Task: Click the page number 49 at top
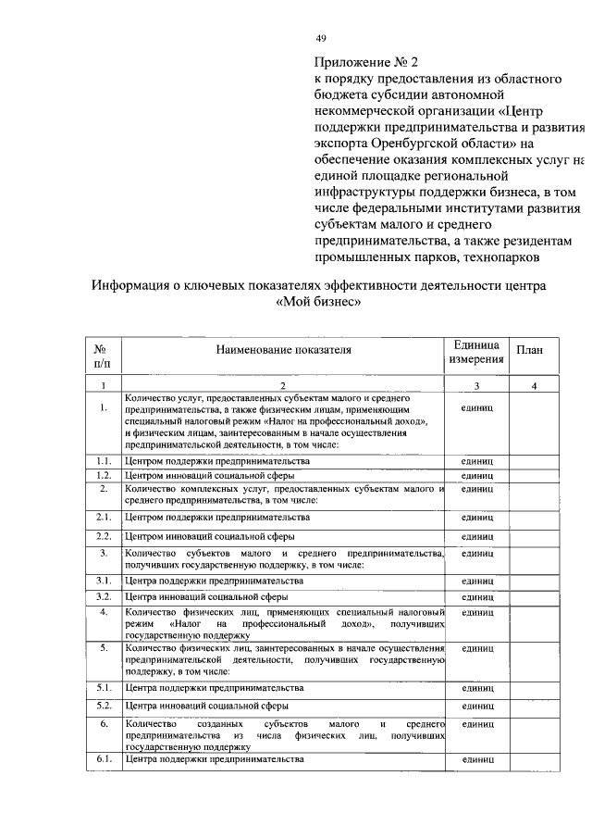click(321, 38)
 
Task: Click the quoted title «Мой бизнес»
click(318, 303)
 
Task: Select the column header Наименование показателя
click(285, 351)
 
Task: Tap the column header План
click(529, 351)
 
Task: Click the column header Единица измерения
click(476, 351)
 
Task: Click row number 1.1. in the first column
click(104, 460)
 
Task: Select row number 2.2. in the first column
click(104, 536)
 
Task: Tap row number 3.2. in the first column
click(104, 596)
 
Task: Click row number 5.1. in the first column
click(104, 689)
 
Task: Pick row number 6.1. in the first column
click(104, 760)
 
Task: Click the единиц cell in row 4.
click(477, 613)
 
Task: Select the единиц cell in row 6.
click(477, 723)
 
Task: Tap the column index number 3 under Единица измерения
click(476, 386)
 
